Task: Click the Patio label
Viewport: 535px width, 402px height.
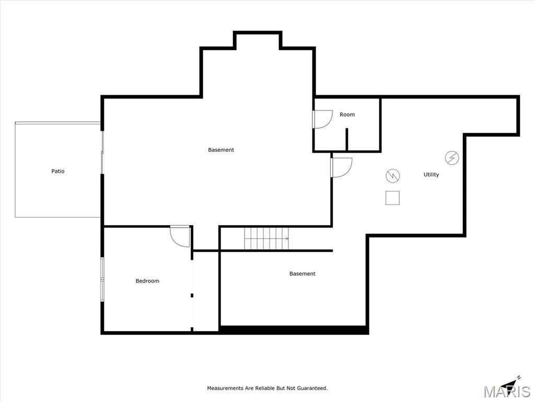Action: click(57, 171)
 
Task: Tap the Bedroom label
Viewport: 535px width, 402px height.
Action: click(147, 281)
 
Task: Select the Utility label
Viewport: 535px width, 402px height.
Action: click(431, 174)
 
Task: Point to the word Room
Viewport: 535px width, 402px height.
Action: click(347, 115)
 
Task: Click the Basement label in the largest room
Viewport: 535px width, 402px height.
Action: click(221, 150)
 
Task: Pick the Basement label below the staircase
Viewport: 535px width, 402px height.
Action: click(303, 273)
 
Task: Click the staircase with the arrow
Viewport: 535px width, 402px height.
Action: click(266, 238)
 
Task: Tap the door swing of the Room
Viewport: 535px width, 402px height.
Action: click(322, 119)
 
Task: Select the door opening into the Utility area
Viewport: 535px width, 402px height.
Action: click(342, 167)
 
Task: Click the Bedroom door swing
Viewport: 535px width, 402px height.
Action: click(180, 236)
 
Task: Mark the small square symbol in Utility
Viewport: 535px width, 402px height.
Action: click(392, 198)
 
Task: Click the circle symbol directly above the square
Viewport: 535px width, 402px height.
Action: click(393, 176)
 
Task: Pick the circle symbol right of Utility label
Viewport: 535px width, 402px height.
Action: click(452, 158)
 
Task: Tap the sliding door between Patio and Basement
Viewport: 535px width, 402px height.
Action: click(102, 152)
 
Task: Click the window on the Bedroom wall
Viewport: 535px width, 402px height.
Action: click(102, 280)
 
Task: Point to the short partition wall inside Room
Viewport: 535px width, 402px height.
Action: click(347, 139)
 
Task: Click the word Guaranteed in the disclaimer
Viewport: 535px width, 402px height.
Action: click(312, 388)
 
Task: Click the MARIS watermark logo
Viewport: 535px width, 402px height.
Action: click(507, 392)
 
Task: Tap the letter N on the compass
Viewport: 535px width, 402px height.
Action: click(519, 377)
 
